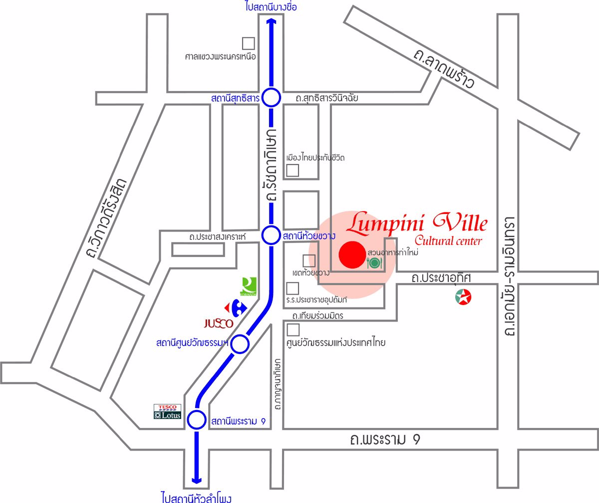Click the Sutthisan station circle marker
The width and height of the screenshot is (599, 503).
tap(272, 98)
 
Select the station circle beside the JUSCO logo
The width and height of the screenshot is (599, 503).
tap(240, 344)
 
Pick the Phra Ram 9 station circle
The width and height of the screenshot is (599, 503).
tap(196, 420)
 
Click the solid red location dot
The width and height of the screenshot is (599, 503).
tap(352, 254)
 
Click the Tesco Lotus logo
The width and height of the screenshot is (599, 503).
tap(167, 411)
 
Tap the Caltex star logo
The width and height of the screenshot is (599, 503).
tap(463, 297)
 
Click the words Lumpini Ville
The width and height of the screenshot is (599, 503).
tap(417, 223)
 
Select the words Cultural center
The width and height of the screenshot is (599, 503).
tap(448, 241)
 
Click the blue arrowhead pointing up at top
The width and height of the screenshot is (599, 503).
tap(272, 21)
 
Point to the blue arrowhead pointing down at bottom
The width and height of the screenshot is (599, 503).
tap(196, 479)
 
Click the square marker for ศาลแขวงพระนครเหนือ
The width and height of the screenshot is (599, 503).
tap(248, 43)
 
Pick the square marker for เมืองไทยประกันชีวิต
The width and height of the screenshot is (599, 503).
tap(293, 170)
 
